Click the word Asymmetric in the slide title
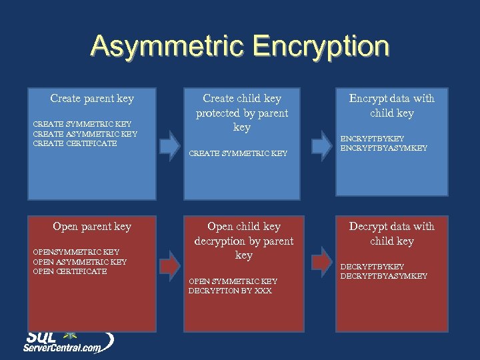[168, 47]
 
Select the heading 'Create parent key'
[92, 99]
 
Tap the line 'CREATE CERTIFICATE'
[75, 143]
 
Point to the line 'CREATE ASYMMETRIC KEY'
[85, 133]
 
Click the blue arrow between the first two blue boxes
[170, 141]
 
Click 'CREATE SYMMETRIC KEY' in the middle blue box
[239, 153]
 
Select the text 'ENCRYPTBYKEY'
[372, 139]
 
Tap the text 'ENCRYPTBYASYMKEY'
[384, 148]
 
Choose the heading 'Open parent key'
[92, 227]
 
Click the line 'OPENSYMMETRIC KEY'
[76, 252]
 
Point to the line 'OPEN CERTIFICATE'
[69, 271]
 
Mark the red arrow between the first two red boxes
[170, 263]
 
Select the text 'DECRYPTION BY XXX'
[230, 291]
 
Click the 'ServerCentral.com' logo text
[63, 347]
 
